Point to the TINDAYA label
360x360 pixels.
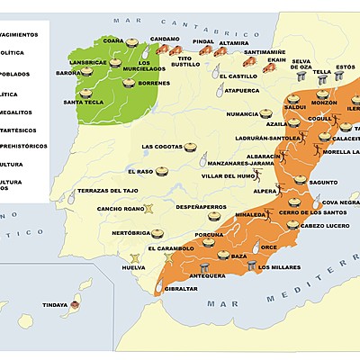[55, 305]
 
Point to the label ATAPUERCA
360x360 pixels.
[240, 91]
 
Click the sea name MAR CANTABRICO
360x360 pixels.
[162, 18]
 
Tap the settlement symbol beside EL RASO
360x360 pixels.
[163, 171]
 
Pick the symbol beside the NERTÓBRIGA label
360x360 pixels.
[159, 232]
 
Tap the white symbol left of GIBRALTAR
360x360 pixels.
[160, 286]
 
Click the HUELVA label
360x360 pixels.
[133, 268]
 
